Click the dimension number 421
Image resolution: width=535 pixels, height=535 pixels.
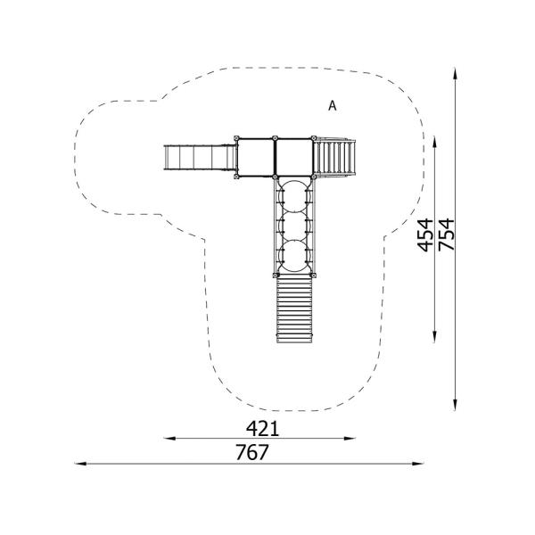coord(262,429)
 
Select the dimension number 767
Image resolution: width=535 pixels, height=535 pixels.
coord(252,452)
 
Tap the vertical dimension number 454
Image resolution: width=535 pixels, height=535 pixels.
coord(425,235)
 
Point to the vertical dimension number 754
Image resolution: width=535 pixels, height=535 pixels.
coord(447,235)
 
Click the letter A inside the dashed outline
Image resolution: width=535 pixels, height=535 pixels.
coord(332,106)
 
